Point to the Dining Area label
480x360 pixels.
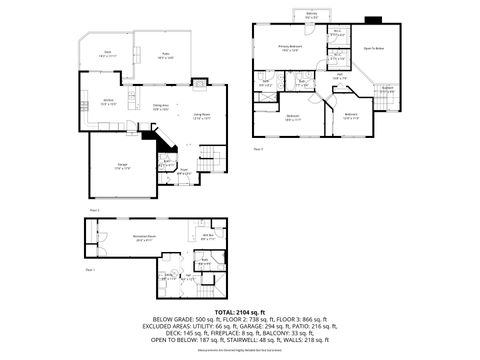coord(160,106)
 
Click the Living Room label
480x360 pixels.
coord(200,116)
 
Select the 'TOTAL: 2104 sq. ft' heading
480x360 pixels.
coord(240,312)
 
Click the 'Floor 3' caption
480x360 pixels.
coord(258,148)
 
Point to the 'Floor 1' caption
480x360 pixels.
coord(90,270)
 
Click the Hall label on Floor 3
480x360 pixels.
coord(340,75)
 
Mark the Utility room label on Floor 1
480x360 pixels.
coord(205,263)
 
